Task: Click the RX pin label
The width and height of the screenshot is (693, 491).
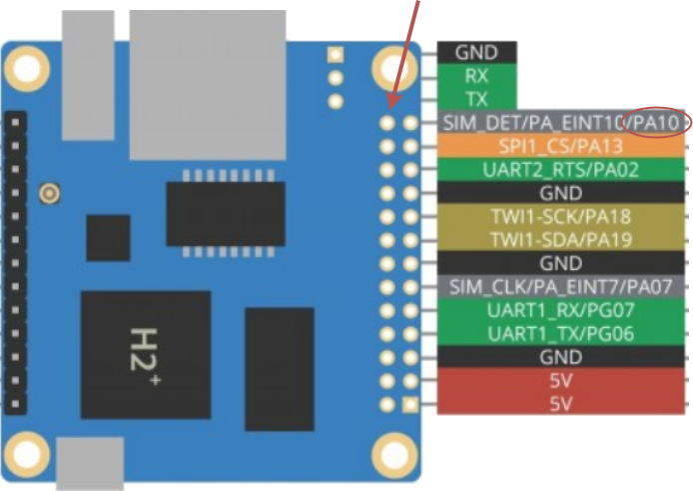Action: (476, 76)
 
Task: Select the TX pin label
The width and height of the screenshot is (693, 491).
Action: (476, 99)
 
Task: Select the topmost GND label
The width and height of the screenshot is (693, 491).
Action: (476, 52)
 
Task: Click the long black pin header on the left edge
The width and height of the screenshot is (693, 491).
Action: (16, 263)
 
